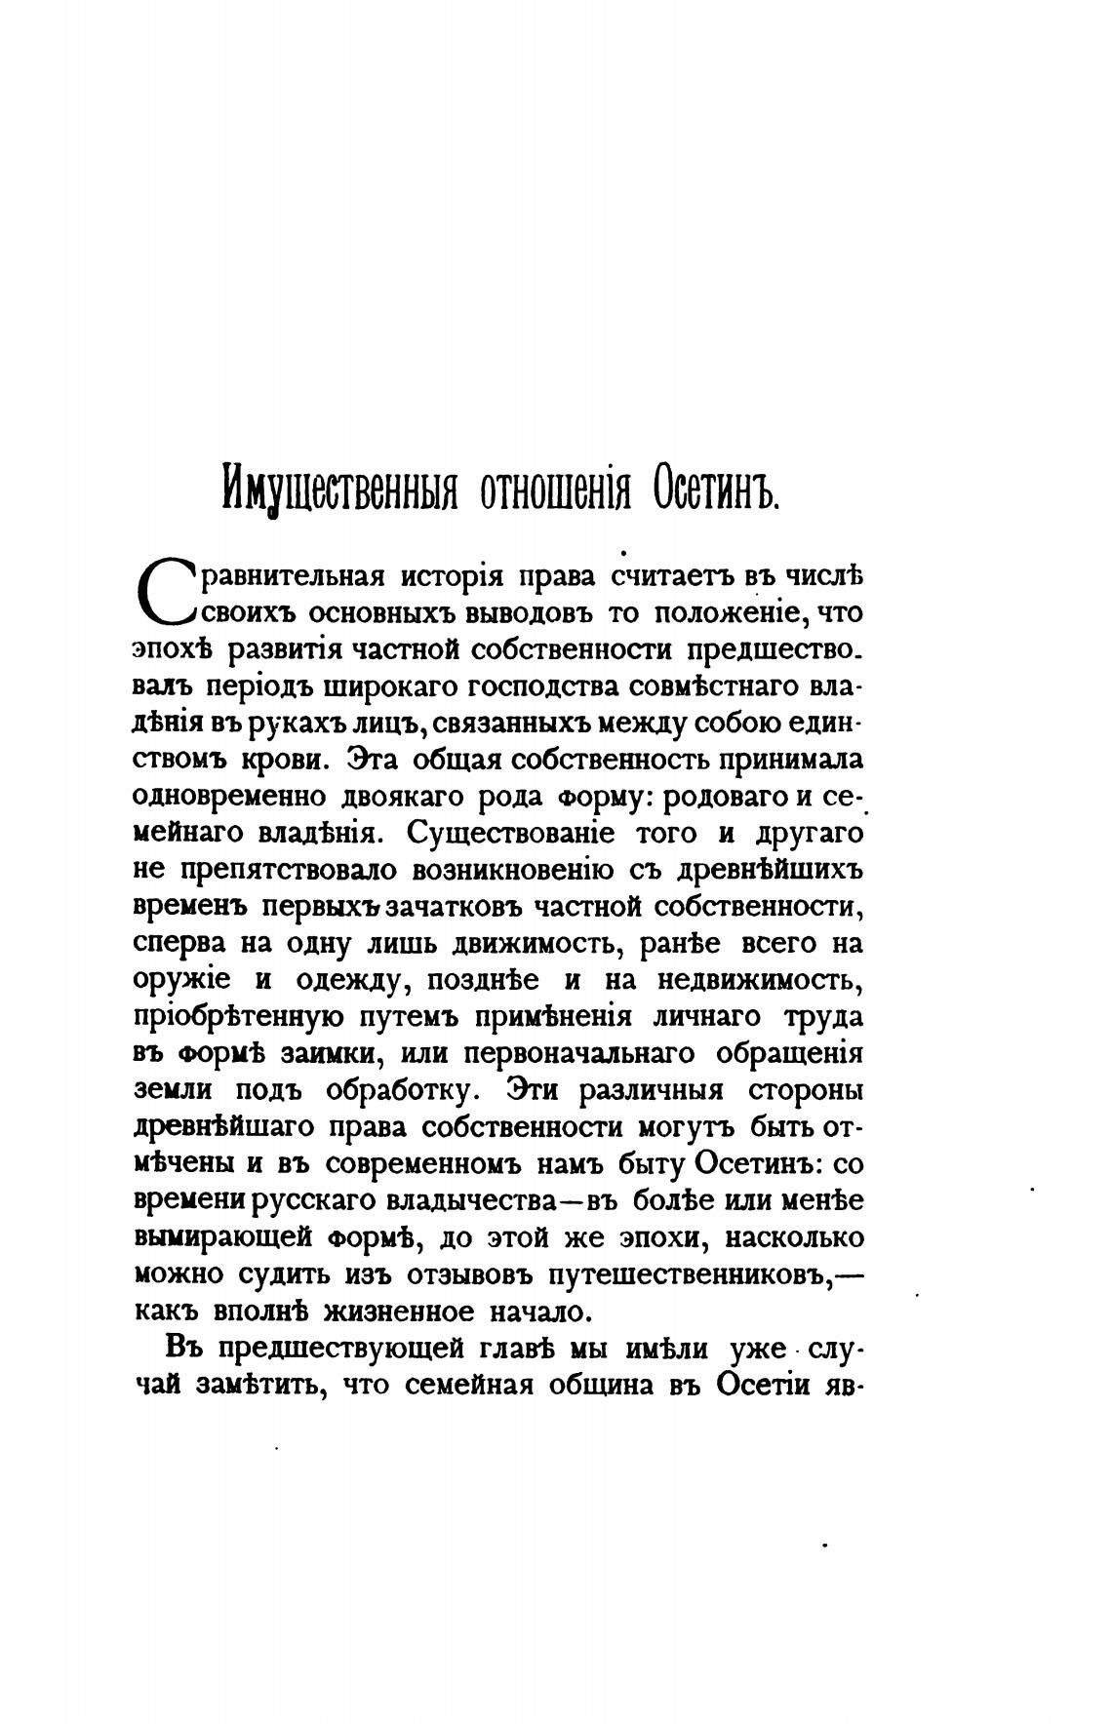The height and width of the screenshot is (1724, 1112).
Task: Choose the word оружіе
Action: pyautogui.click(x=182, y=981)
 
